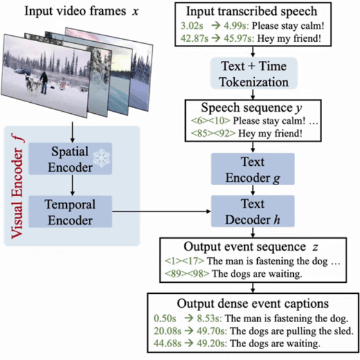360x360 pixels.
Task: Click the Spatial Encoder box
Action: click(70, 159)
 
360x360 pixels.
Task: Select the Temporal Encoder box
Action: click(70, 212)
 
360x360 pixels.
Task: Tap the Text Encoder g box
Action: click(253, 169)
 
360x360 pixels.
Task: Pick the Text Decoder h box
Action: click(253, 212)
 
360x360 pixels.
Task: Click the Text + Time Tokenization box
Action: click(254, 73)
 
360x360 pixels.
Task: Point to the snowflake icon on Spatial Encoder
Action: click(102, 157)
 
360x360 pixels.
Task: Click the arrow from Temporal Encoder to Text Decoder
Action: click(161, 212)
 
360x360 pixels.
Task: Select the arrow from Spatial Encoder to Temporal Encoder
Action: click(73, 185)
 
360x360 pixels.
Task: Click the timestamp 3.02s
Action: click(192, 26)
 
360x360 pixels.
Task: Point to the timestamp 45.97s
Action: click(239, 39)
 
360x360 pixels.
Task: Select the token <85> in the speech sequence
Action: click(202, 133)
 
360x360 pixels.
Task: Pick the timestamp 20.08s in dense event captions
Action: click(167, 331)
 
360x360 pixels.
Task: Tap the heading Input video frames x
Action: click(82, 11)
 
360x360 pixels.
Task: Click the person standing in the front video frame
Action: click(44, 82)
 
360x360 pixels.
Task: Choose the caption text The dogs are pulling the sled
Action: click(292, 331)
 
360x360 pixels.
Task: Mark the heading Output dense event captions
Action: click(253, 303)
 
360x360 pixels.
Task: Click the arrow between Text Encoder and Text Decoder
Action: click(253, 190)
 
